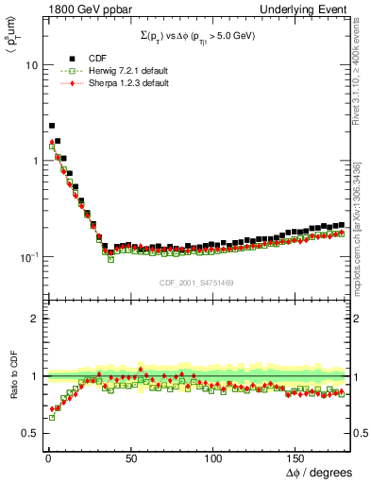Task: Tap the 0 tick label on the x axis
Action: click(x=47, y=458)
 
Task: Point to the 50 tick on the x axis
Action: click(x=130, y=458)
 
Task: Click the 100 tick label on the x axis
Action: click(x=213, y=458)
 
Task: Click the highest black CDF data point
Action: click(x=51, y=125)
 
